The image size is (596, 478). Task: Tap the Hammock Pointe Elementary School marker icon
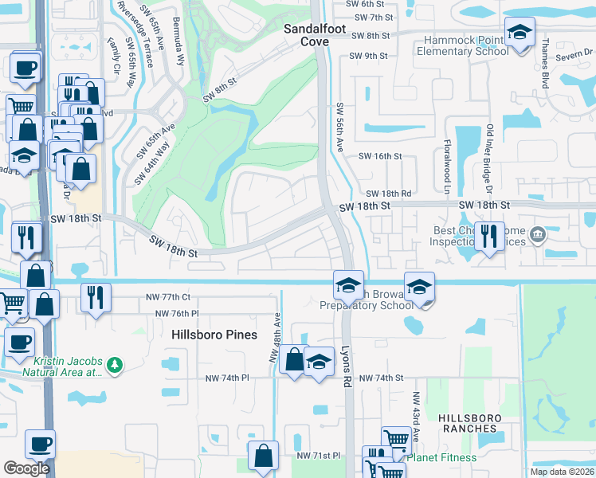point(520,33)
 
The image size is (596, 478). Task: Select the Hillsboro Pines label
point(206,335)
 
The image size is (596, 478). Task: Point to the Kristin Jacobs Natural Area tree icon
point(116,365)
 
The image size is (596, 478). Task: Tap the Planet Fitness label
point(441,457)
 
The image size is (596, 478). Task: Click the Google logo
point(26,468)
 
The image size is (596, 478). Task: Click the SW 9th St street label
point(370,56)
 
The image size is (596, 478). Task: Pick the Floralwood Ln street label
point(448,168)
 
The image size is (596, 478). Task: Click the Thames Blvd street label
point(546,64)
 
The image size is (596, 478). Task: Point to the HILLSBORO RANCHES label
point(469,423)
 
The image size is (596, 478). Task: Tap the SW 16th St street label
point(380,156)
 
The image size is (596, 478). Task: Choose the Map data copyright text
point(562,472)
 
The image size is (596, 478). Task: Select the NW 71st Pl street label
point(318,456)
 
